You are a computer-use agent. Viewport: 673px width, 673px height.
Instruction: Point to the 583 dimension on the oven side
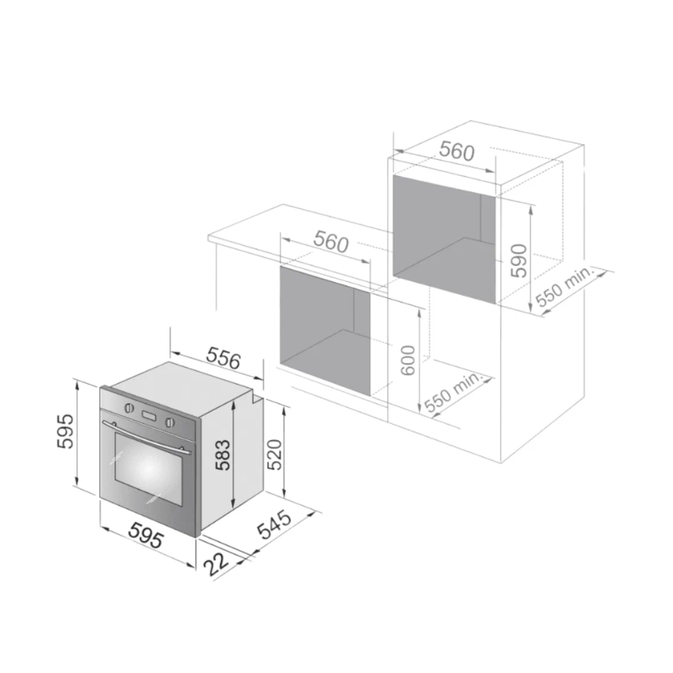pyautogui.click(x=223, y=454)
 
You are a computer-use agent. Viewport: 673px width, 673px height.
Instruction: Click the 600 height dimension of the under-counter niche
pyautogui.click(x=408, y=359)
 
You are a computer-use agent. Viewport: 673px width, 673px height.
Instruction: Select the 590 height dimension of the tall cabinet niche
pyautogui.click(x=518, y=260)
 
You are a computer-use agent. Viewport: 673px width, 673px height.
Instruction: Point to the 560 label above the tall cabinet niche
pyautogui.click(x=457, y=151)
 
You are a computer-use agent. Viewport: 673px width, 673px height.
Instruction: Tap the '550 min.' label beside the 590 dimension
pyautogui.click(x=564, y=287)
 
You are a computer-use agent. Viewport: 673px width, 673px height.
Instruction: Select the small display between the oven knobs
pyautogui.click(x=149, y=416)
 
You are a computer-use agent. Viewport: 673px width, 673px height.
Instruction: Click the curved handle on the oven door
pyautogui.click(x=147, y=436)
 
